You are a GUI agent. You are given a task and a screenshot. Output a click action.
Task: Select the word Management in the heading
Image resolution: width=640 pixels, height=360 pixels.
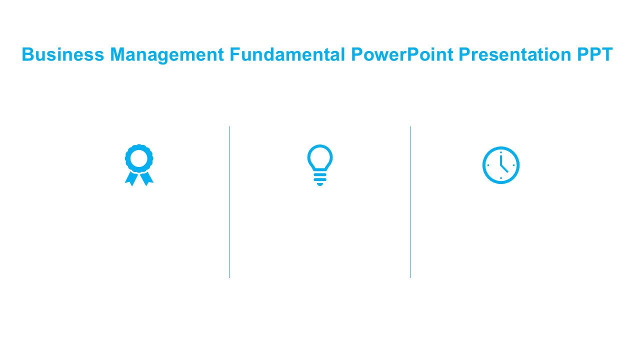point(167,54)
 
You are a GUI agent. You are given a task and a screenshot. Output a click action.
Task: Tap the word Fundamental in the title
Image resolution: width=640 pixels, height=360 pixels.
point(287,54)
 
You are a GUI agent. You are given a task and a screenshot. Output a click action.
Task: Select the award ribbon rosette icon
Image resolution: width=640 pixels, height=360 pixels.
point(139,164)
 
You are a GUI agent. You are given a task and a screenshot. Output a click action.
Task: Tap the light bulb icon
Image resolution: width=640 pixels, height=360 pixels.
point(320,165)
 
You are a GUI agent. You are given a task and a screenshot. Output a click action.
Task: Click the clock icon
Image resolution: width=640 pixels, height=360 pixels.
point(501,165)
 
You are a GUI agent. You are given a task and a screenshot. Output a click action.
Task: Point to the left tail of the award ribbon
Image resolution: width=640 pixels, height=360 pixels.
point(131,178)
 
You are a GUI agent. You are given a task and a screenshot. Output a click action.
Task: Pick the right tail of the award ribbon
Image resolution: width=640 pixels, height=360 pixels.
point(147,178)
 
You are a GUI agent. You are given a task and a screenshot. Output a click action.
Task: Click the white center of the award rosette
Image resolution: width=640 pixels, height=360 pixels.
point(139,158)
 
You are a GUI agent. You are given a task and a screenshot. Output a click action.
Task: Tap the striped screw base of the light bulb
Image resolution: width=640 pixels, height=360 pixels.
point(320,177)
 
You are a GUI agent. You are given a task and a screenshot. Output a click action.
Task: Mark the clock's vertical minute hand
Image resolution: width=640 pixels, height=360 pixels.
point(500,159)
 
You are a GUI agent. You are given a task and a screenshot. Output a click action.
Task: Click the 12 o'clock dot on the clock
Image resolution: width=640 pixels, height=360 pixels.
point(501,152)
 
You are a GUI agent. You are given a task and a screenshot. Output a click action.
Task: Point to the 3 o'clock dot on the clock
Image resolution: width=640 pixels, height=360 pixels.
point(514,165)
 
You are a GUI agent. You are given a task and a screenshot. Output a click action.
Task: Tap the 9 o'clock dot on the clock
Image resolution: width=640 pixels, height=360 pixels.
point(488,165)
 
